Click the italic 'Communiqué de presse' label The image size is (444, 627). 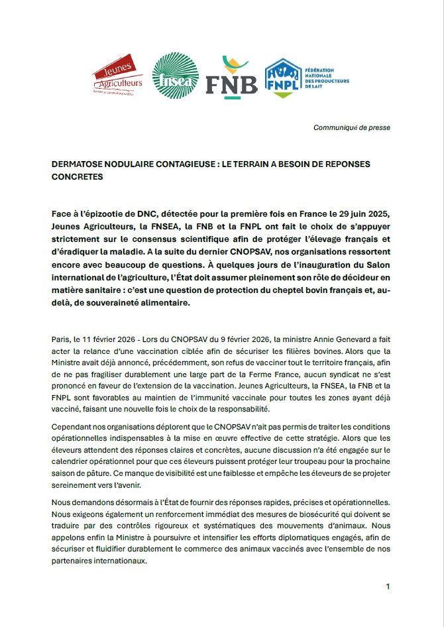tap(352, 127)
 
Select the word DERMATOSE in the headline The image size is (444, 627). tap(78, 164)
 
